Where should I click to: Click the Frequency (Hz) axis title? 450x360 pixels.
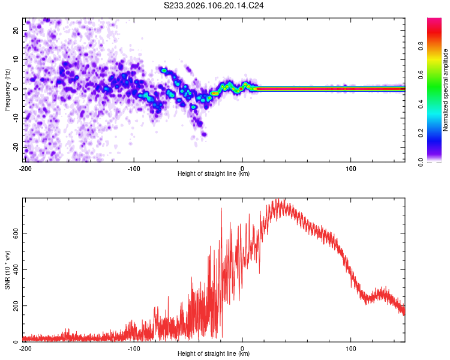click(x=7, y=89)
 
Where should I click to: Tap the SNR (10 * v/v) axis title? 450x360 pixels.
click(x=7, y=270)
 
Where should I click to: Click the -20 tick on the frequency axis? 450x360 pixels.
click(x=16, y=147)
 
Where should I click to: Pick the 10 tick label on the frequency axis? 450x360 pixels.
click(x=17, y=59)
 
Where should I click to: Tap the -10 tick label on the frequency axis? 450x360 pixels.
click(x=16, y=118)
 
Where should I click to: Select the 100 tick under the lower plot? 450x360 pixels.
click(x=351, y=348)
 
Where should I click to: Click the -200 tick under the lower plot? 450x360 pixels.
click(x=25, y=348)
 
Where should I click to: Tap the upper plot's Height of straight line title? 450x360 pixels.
click(x=214, y=173)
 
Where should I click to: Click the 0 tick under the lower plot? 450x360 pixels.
click(x=242, y=348)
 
